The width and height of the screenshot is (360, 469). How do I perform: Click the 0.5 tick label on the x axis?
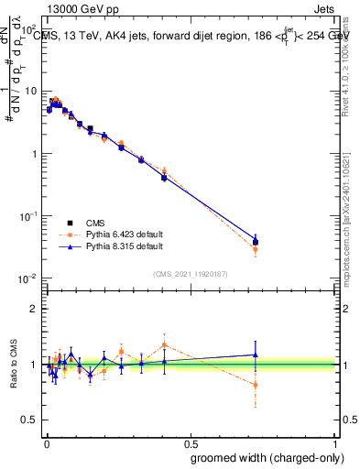tap(191, 443)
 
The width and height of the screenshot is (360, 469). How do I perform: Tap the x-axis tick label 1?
tap(335, 443)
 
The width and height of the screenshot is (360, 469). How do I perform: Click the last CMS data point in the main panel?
tap(256, 243)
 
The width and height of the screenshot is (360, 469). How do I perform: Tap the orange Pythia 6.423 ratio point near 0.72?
tap(256, 385)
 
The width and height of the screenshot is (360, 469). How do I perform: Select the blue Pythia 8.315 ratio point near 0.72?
tap(256, 354)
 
